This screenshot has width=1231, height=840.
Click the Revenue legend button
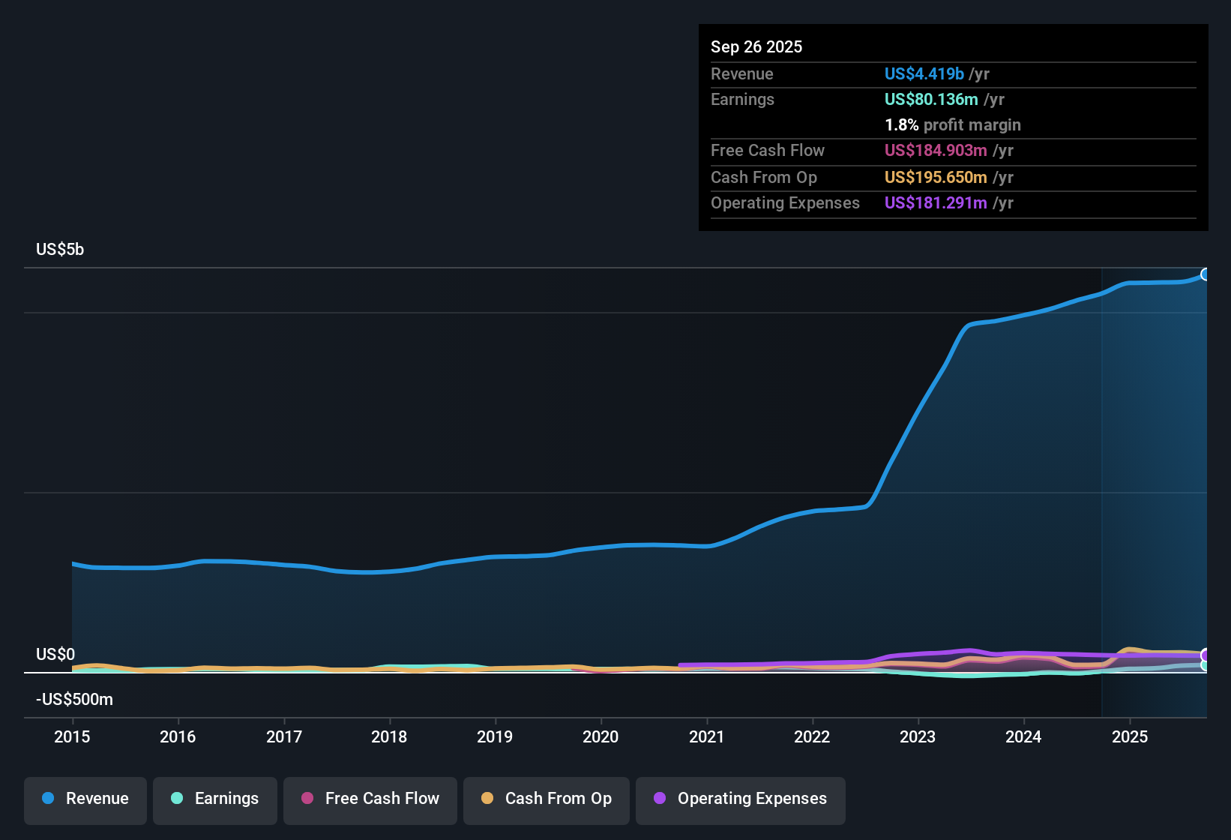coord(85,799)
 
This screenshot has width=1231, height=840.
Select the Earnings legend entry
coord(215,799)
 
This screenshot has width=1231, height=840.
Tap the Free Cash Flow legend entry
coord(370,799)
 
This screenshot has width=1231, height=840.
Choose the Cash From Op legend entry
coord(547,799)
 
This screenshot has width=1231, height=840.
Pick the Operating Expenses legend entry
coord(741,799)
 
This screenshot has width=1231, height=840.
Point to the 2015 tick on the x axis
coord(72,736)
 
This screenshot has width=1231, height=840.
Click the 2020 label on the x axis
coord(601,736)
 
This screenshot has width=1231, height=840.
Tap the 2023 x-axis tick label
coord(918,736)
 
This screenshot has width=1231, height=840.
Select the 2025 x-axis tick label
coord(1130,736)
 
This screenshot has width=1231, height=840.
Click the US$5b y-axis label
coord(60,250)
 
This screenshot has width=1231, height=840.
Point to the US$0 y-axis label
coord(55,655)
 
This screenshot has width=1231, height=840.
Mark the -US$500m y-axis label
coord(74,700)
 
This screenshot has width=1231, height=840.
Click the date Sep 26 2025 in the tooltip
coord(756,46)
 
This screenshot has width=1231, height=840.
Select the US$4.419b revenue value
coord(924,73)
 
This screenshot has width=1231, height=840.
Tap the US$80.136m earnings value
coord(930,99)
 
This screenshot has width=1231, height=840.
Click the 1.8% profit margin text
coord(952,124)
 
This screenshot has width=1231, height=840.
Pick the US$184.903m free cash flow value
coord(936,150)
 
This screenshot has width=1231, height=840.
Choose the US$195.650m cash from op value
coord(936,177)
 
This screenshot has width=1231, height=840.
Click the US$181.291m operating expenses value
coord(936,202)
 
